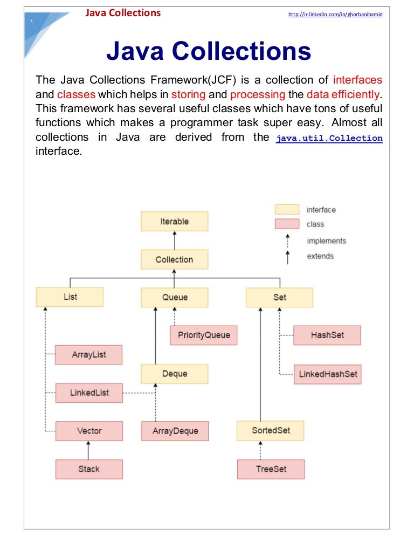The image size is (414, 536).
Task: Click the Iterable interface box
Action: coord(174,222)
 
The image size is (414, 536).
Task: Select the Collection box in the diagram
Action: coord(174,259)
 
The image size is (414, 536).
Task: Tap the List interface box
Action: coord(70,297)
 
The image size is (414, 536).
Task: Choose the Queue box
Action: coord(175,298)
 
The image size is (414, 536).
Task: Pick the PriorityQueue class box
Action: coord(204,335)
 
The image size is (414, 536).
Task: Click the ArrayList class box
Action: coord(89,355)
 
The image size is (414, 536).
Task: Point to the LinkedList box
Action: coord(89,393)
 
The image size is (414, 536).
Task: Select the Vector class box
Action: coord(89,431)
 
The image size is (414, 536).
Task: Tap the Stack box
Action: coord(89,469)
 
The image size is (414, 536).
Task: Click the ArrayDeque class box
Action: coord(175,431)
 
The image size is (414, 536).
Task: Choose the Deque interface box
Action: coord(175,373)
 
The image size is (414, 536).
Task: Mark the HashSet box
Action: coord(327,335)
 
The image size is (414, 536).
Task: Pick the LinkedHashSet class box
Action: coord(327,374)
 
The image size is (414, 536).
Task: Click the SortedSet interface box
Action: coord(271,430)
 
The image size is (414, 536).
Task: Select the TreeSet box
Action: coord(271,469)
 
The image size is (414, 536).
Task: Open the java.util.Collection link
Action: coord(329,138)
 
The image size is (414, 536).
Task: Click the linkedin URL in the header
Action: coord(335,15)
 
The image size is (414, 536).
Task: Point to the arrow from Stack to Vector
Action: coord(89,450)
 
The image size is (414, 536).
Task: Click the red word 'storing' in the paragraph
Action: coord(188,94)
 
